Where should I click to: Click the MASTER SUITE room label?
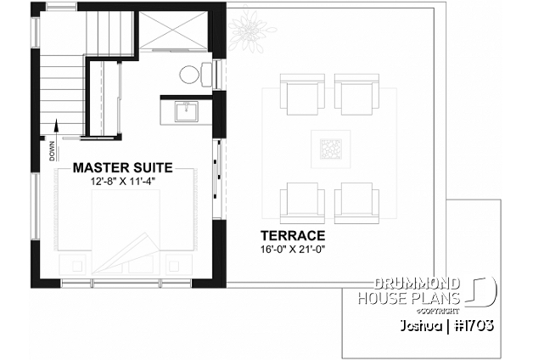(123, 167)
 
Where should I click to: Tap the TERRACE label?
(293, 235)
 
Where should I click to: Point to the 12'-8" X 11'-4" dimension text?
(123, 182)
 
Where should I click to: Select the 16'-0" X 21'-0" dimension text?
(293, 250)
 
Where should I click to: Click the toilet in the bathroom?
(196, 74)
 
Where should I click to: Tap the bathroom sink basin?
(186, 111)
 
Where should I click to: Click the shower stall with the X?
(173, 31)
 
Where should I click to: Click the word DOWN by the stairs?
(52, 150)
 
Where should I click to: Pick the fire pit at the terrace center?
(330, 149)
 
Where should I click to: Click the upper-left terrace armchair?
(302, 94)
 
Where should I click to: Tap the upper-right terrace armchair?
(356, 94)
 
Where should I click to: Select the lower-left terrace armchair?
(302, 203)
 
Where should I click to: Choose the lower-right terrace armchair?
(356, 203)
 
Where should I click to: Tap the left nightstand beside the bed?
(75, 264)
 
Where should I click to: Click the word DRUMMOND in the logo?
(417, 284)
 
